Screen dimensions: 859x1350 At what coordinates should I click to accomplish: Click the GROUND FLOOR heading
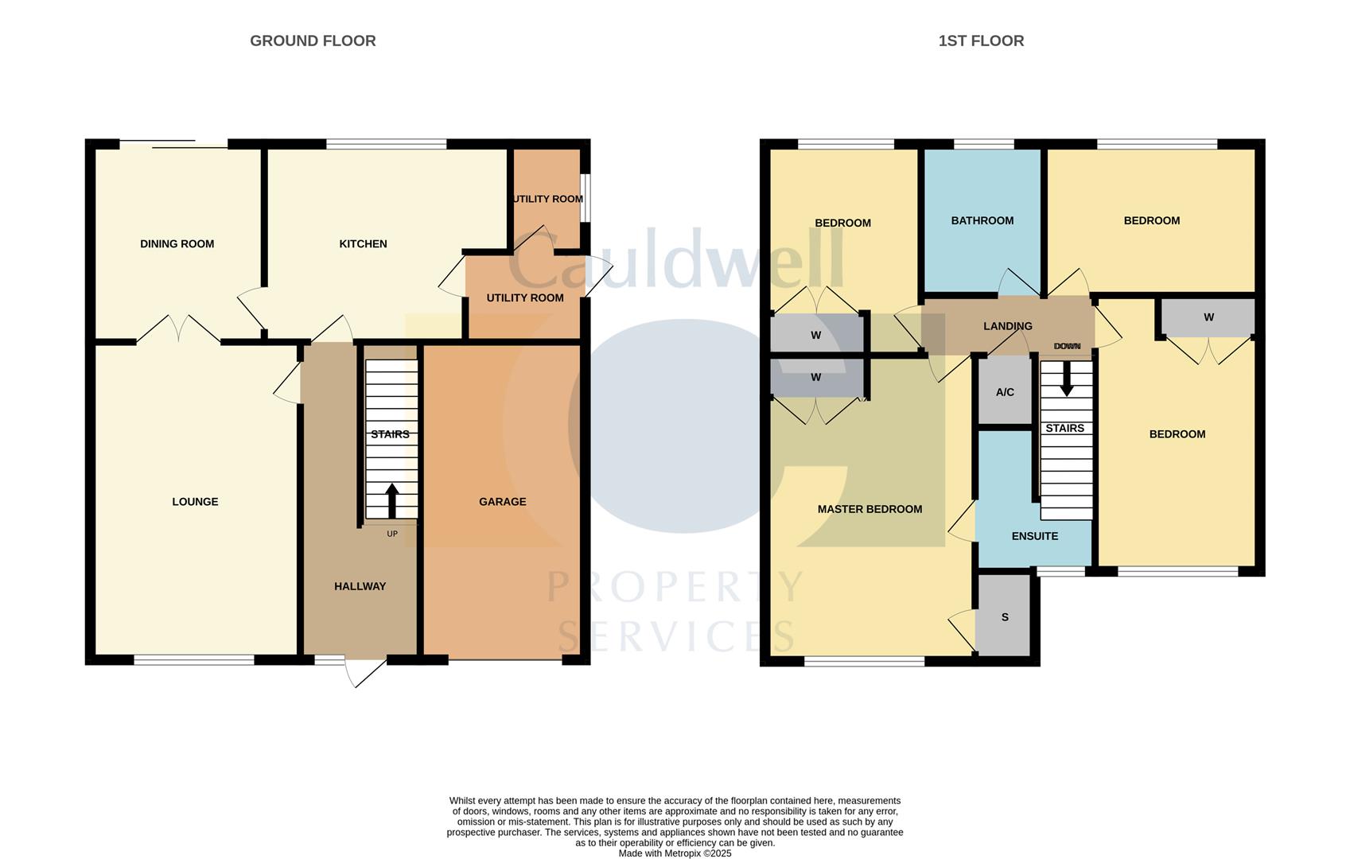click(313, 41)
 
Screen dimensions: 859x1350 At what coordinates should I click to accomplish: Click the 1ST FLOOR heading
click(980, 41)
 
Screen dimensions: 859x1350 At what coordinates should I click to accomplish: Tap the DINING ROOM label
click(177, 244)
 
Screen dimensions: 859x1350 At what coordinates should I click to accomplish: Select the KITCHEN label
click(363, 244)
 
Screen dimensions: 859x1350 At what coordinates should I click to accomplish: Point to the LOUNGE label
click(195, 502)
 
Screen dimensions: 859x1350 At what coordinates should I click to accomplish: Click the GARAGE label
click(502, 502)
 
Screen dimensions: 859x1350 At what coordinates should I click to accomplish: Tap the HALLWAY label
click(360, 586)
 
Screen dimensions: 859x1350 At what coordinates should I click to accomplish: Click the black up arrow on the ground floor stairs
click(391, 500)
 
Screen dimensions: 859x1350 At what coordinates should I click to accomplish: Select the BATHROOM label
click(982, 220)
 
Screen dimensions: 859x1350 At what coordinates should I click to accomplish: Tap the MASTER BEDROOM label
click(870, 509)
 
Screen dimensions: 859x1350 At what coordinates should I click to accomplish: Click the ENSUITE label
click(1034, 536)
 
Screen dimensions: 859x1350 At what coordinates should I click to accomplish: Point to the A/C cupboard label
click(1005, 392)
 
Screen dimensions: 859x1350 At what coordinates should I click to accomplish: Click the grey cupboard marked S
click(1004, 616)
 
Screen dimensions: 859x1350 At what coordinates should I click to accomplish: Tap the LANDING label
click(1007, 326)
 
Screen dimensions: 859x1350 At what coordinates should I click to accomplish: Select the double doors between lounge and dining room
click(178, 330)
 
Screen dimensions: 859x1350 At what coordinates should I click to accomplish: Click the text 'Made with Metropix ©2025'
click(675, 853)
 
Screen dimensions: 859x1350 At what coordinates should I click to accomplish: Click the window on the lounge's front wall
click(193, 659)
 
